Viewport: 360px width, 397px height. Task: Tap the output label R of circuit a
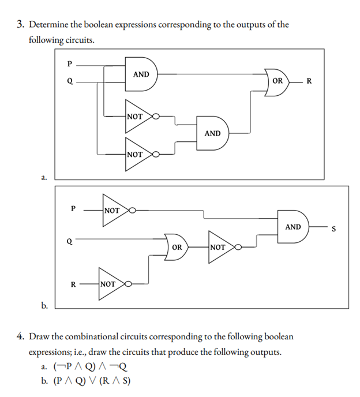pyautogui.click(x=309, y=81)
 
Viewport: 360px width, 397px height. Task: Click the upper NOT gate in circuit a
pyautogui.click(x=136, y=117)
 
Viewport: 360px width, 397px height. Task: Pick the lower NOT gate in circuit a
pyautogui.click(x=136, y=155)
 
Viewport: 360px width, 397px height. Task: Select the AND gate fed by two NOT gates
pyautogui.click(x=212, y=133)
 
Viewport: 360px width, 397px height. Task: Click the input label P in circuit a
pyautogui.click(x=70, y=63)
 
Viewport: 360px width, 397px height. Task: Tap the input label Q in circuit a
pyautogui.click(x=70, y=82)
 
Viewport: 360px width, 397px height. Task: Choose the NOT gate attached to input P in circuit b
pyautogui.click(x=114, y=211)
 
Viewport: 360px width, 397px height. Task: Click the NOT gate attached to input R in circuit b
pyautogui.click(x=110, y=284)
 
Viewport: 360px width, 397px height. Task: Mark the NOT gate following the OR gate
pyautogui.click(x=220, y=247)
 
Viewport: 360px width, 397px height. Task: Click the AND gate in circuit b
pyautogui.click(x=293, y=227)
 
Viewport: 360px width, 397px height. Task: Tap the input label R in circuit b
pyautogui.click(x=73, y=284)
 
